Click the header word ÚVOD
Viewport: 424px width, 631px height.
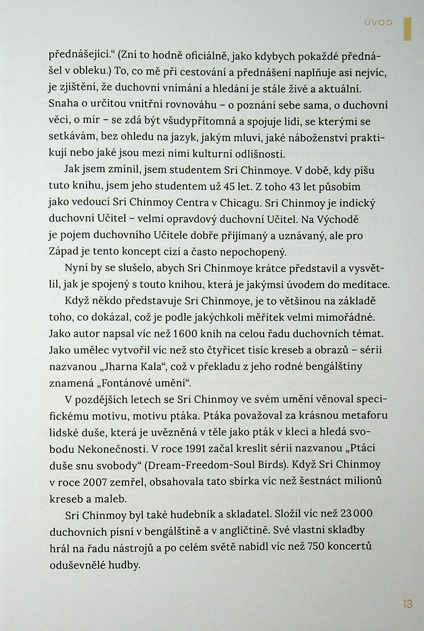point(378,23)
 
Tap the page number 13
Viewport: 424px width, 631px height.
point(407,604)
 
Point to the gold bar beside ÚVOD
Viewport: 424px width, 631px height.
point(407,29)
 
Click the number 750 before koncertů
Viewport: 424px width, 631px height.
point(316,546)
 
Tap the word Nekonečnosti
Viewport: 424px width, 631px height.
point(112,449)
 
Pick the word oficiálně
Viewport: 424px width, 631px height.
point(207,56)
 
